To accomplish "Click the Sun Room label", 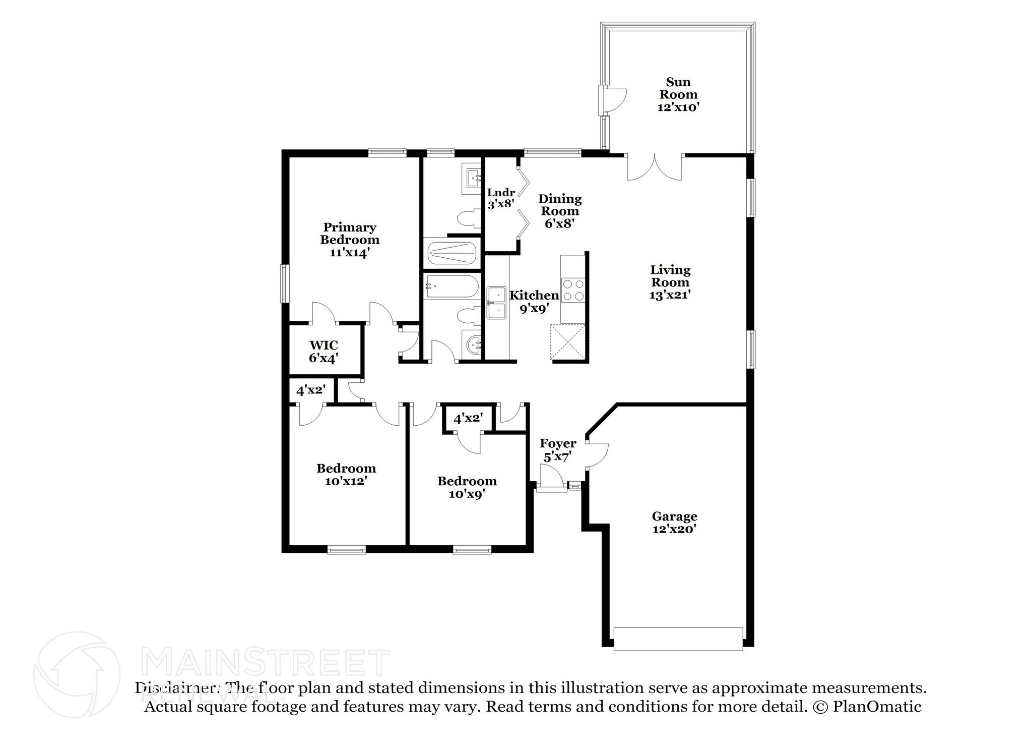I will [x=678, y=94].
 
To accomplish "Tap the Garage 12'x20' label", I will [x=674, y=522].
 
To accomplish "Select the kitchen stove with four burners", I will [x=572, y=291].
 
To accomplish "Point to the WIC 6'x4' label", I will [x=324, y=352].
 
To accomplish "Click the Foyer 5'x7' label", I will [x=558, y=450].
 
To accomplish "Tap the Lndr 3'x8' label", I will [x=501, y=198].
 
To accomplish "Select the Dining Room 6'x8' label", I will [x=559, y=211].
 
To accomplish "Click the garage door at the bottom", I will [x=678, y=639].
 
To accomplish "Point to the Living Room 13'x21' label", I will [x=670, y=282].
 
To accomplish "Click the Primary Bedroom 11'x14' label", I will [x=350, y=240].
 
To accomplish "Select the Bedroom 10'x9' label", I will [x=467, y=487].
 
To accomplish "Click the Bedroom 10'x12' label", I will [x=346, y=475].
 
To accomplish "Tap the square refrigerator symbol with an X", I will [x=568, y=342].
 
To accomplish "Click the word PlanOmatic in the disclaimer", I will [x=877, y=707].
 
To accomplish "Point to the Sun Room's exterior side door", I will [x=613, y=100].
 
